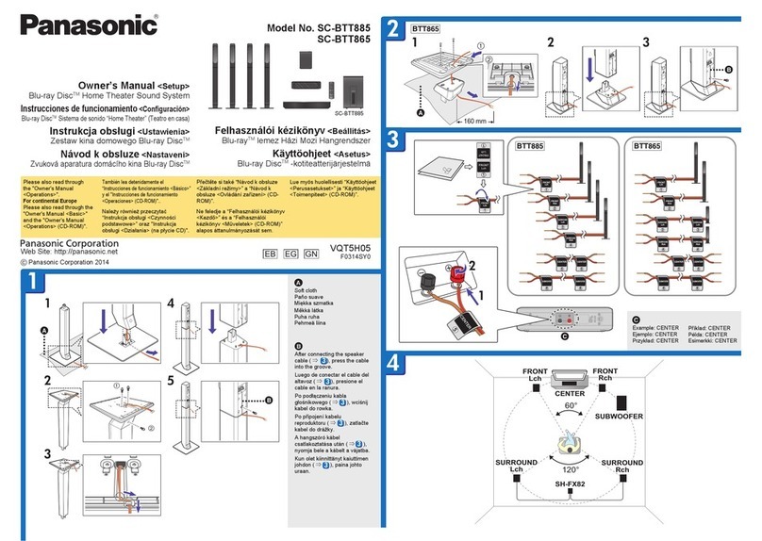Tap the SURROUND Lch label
[517, 467]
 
